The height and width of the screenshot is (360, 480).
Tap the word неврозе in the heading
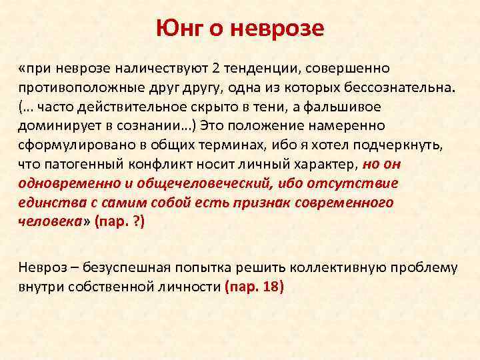pyautogui.click(x=282, y=28)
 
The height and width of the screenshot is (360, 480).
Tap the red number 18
pyautogui.click(x=272, y=288)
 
